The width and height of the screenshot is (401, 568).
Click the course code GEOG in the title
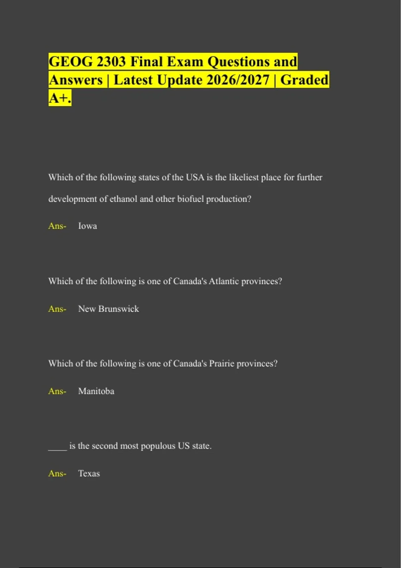pyautogui.click(x=71, y=62)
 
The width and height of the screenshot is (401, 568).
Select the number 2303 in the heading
pyautogui.click(x=111, y=62)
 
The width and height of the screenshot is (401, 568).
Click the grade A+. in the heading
pyautogui.click(x=60, y=98)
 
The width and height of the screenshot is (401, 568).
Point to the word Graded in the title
pyautogui.click(x=304, y=80)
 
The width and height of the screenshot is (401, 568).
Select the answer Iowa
pyautogui.click(x=88, y=226)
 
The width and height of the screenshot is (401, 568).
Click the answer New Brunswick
pyautogui.click(x=108, y=309)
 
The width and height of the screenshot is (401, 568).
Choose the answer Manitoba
pyautogui.click(x=96, y=391)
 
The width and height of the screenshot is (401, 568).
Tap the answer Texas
pyautogui.click(x=89, y=473)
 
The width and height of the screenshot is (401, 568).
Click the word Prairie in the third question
pyautogui.click(x=222, y=364)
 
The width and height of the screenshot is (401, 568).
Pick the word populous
pyautogui.click(x=158, y=446)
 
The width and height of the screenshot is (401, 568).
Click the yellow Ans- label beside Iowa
pyautogui.click(x=57, y=226)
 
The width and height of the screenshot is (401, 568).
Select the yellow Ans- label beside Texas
pyautogui.click(x=57, y=473)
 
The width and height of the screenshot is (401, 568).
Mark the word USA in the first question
pyautogui.click(x=195, y=177)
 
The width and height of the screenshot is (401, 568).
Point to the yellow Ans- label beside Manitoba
pyautogui.click(x=57, y=391)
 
